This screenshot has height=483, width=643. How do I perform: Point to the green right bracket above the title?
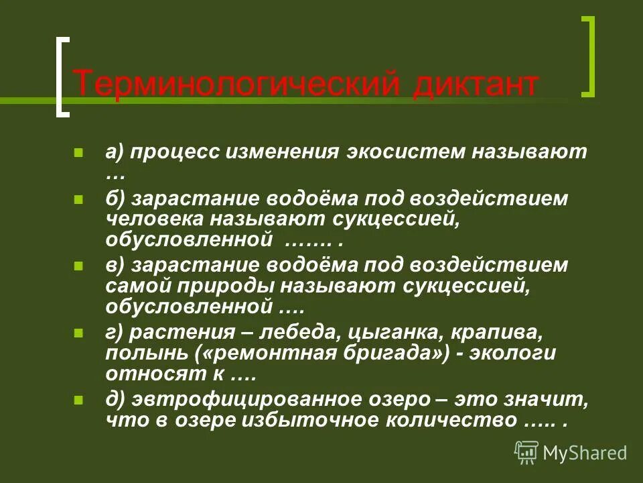(x=588, y=56)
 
